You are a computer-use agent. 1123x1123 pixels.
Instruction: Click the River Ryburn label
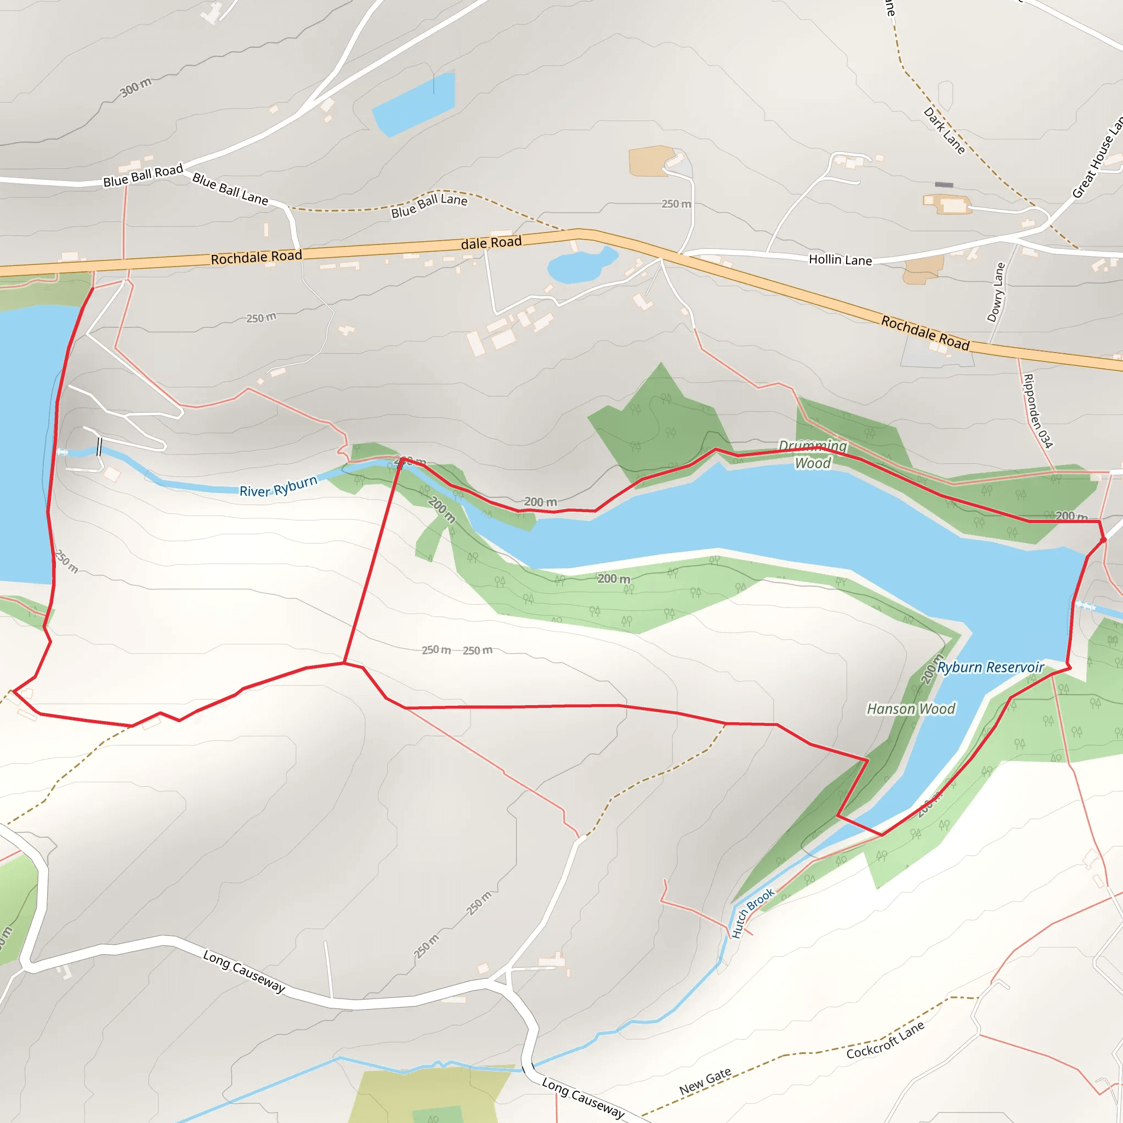[x=279, y=486]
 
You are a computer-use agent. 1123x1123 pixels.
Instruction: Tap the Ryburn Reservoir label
[x=990, y=667]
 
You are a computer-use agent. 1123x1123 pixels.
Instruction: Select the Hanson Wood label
[x=911, y=708]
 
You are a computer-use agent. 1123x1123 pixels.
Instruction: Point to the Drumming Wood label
[x=813, y=455]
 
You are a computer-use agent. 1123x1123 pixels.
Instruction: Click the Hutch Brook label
[x=752, y=913]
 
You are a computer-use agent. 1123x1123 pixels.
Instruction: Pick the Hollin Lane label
[x=840, y=260]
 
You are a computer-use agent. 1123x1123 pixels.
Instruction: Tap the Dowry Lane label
[x=996, y=292]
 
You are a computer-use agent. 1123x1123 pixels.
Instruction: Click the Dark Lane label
[x=944, y=131]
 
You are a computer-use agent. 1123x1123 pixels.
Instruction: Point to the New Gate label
[x=705, y=1082]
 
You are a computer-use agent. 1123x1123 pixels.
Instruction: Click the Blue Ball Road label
[x=143, y=175]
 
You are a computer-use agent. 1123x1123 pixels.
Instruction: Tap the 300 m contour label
[x=135, y=88]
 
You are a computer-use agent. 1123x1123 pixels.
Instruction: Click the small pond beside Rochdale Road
[x=581, y=265]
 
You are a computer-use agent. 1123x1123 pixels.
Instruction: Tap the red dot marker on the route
[x=1103, y=540]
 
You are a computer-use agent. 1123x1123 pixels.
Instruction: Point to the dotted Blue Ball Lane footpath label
[x=429, y=205]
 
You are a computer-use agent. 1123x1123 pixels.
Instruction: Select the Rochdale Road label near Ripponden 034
[x=925, y=333]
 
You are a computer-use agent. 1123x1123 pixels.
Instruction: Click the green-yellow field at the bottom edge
[x=430, y=1096]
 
